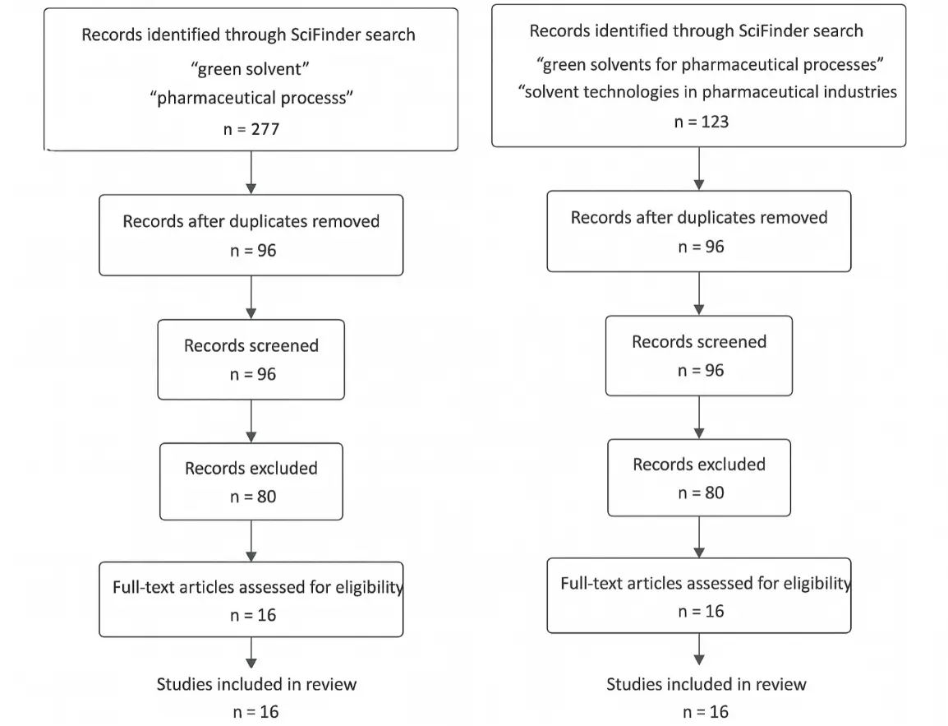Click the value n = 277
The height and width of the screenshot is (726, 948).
coord(251,130)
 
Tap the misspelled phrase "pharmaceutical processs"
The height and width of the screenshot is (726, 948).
coord(251,98)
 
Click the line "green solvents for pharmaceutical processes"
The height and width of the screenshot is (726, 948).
coord(709,63)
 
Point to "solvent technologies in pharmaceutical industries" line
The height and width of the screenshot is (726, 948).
coord(709,91)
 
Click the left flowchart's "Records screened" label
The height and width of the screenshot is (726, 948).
coord(251,345)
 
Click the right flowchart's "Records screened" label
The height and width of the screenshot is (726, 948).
coord(699,341)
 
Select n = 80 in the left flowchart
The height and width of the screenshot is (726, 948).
coord(251,496)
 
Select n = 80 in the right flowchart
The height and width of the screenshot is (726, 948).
coord(699,492)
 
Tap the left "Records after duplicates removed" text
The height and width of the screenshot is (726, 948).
coord(251,221)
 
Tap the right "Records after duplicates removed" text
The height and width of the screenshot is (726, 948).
coord(699,217)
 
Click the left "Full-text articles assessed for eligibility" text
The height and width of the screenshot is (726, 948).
coord(258,587)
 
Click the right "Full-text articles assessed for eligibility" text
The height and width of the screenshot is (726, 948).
coord(706,583)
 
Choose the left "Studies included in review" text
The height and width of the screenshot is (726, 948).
coord(257,683)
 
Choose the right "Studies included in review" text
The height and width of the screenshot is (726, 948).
coord(706,683)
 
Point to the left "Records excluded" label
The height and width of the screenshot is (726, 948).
coord(251,468)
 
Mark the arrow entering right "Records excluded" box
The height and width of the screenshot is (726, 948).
coord(699,418)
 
